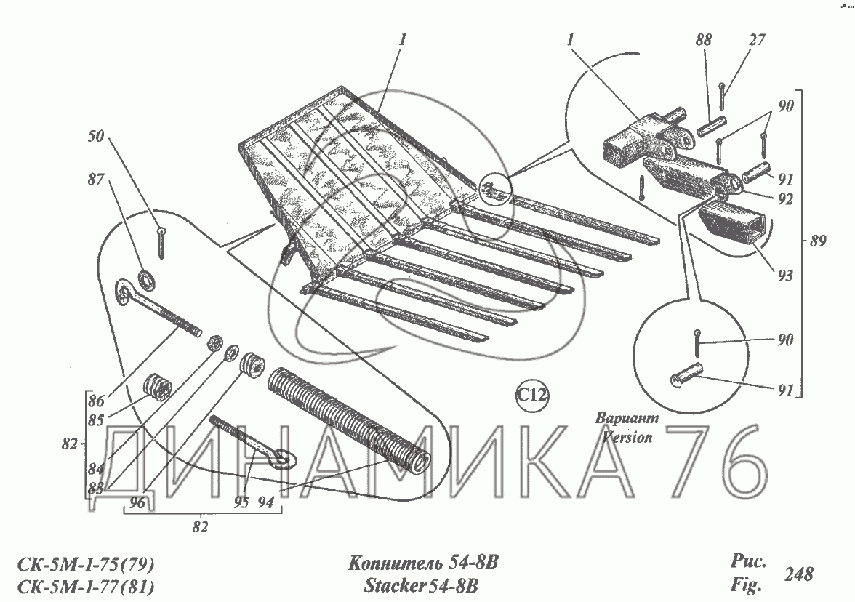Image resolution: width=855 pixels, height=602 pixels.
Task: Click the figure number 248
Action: click(798, 574)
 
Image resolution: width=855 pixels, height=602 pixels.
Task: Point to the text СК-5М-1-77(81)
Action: click(86, 586)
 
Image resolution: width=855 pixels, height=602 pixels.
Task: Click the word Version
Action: click(627, 438)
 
